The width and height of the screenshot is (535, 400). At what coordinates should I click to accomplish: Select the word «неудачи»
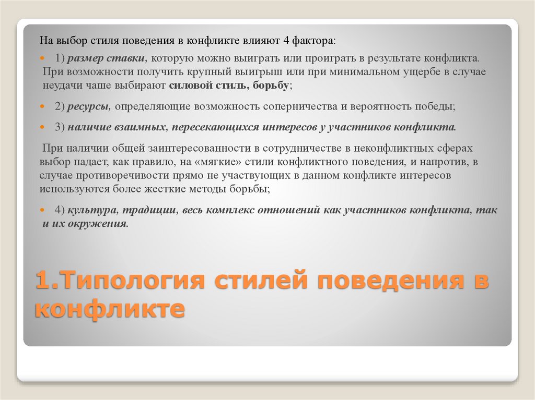point(62,86)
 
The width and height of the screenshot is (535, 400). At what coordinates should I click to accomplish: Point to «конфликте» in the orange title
point(110,310)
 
